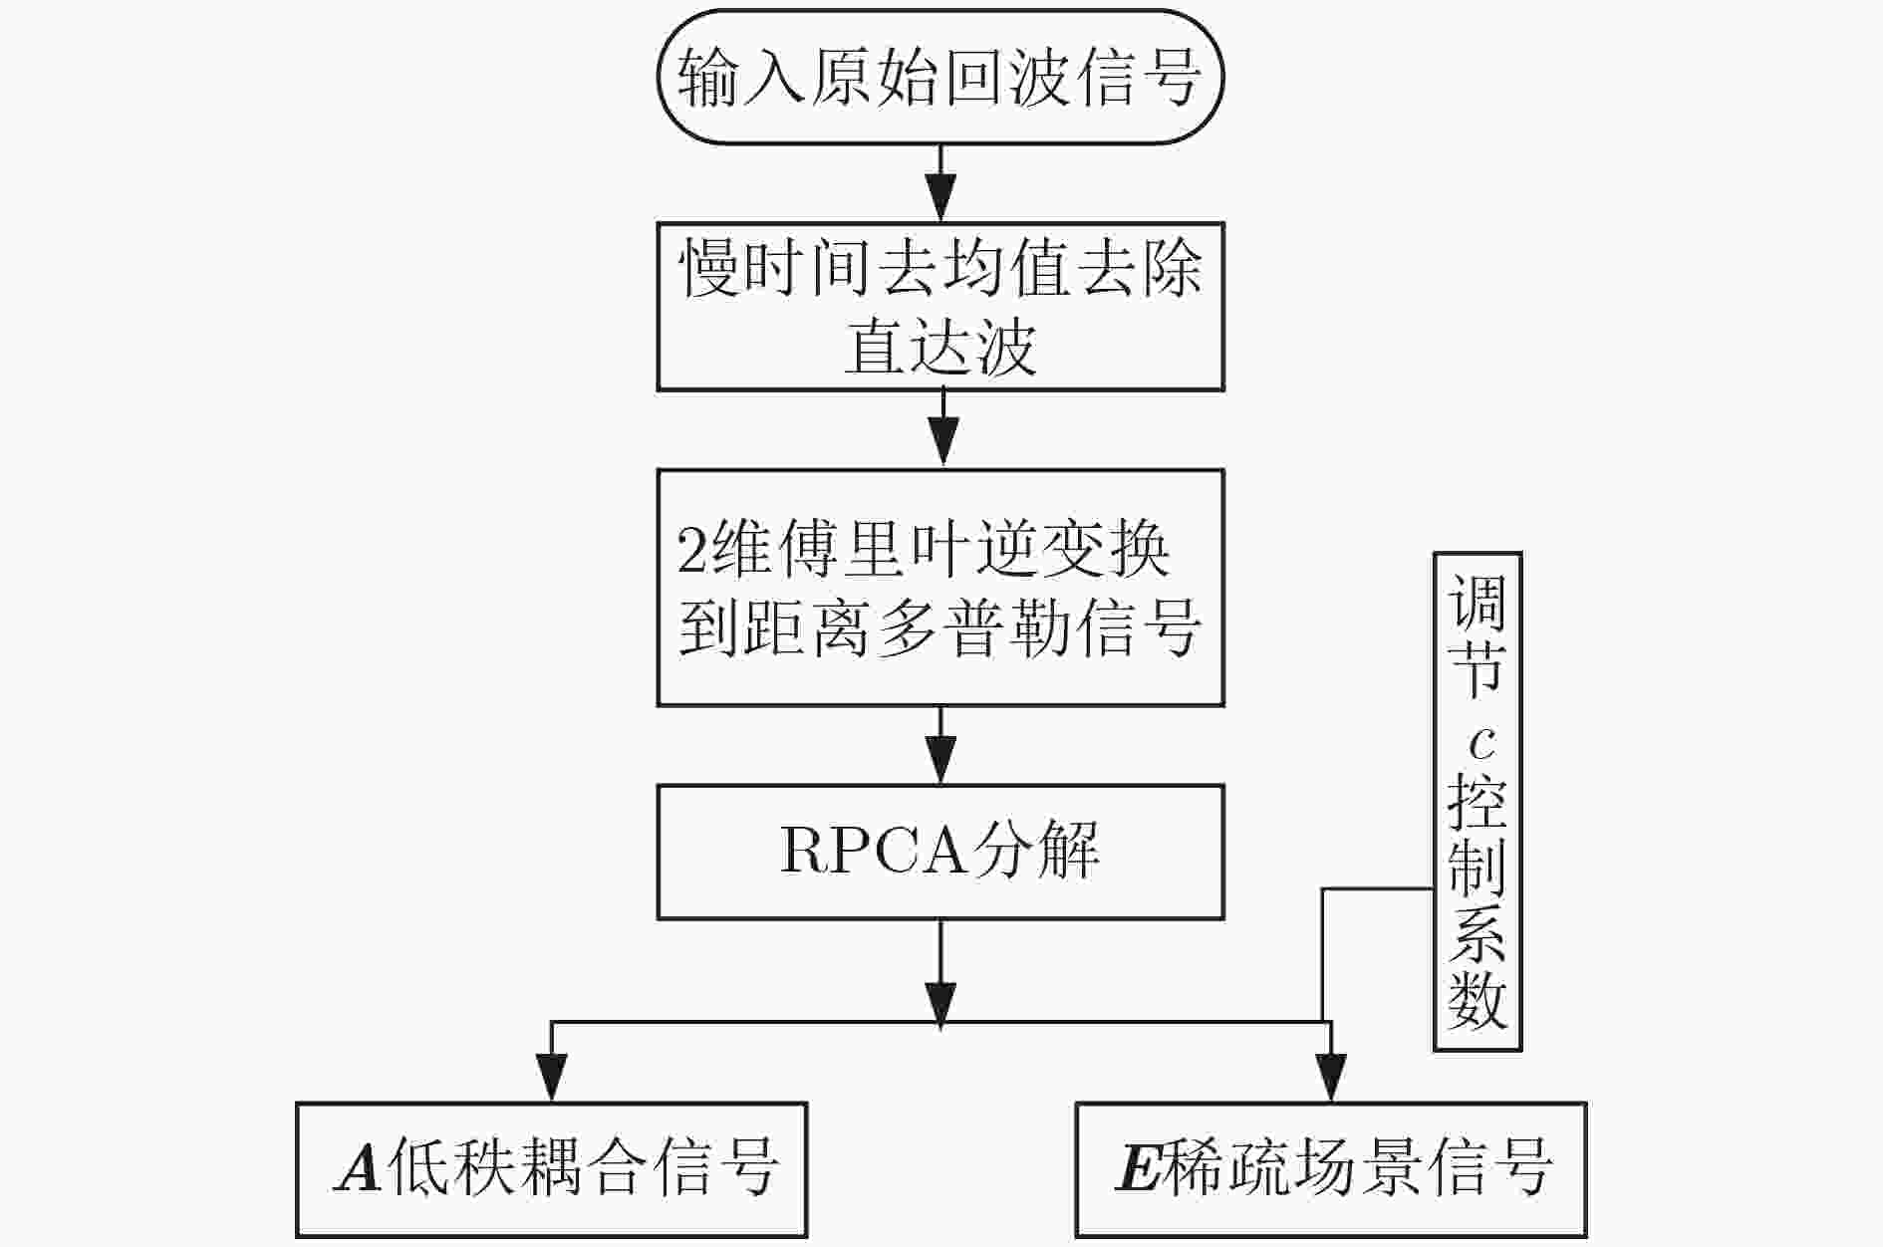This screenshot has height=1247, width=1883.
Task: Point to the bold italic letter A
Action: (360, 1168)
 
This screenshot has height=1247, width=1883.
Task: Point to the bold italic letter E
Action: (1138, 1168)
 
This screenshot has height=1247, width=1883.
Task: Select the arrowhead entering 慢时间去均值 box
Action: (941, 197)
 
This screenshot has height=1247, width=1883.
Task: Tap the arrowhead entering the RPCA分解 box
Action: (941, 760)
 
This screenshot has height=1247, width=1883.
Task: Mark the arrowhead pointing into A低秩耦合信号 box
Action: (551, 1078)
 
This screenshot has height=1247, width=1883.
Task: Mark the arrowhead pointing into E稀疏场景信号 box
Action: (1331, 1078)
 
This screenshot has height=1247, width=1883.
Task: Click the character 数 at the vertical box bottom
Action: (1478, 999)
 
